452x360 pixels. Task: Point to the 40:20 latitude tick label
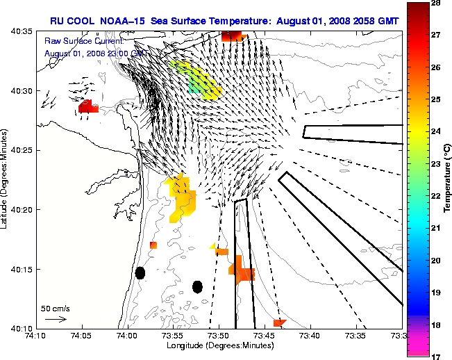(x=23, y=210)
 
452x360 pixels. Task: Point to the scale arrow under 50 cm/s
(x=56, y=319)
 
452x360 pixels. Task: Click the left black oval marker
(x=140, y=273)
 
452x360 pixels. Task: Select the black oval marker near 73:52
(x=197, y=286)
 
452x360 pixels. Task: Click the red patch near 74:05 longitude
(x=88, y=106)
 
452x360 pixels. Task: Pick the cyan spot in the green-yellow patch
(x=194, y=87)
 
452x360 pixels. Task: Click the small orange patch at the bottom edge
(x=279, y=322)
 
